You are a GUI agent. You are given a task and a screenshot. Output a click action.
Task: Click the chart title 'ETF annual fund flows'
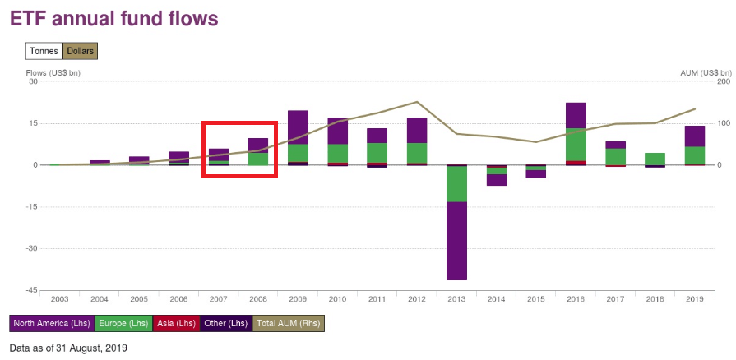[114, 18]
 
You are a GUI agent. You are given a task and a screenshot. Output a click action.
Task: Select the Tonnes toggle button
[44, 51]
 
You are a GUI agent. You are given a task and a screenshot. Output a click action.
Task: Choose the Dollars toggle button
[81, 51]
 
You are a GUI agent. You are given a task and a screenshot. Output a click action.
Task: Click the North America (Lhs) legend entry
[52, 324]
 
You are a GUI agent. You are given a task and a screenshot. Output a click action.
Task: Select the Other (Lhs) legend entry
[225, 324]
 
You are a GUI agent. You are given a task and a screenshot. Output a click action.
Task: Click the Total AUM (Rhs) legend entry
[288, 324]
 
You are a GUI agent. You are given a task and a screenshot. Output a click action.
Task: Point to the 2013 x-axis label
[456, 299]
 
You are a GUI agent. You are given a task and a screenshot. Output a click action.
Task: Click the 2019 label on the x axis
[694, 299]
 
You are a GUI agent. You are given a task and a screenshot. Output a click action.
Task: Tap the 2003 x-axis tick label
[60, 299]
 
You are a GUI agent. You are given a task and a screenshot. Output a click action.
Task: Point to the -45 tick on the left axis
[32, 290]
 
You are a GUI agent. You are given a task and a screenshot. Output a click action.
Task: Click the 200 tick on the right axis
[701, 81]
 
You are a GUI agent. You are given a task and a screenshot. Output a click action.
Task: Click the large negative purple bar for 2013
[456, 240]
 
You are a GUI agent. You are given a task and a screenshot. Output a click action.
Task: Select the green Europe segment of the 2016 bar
[576, 144]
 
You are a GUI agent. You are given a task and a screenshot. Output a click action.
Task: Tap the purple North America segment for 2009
[298, 127]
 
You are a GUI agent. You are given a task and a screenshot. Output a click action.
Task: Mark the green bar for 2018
[655, 159]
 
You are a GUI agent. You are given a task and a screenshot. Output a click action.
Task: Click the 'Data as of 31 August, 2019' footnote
[68, 348]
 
